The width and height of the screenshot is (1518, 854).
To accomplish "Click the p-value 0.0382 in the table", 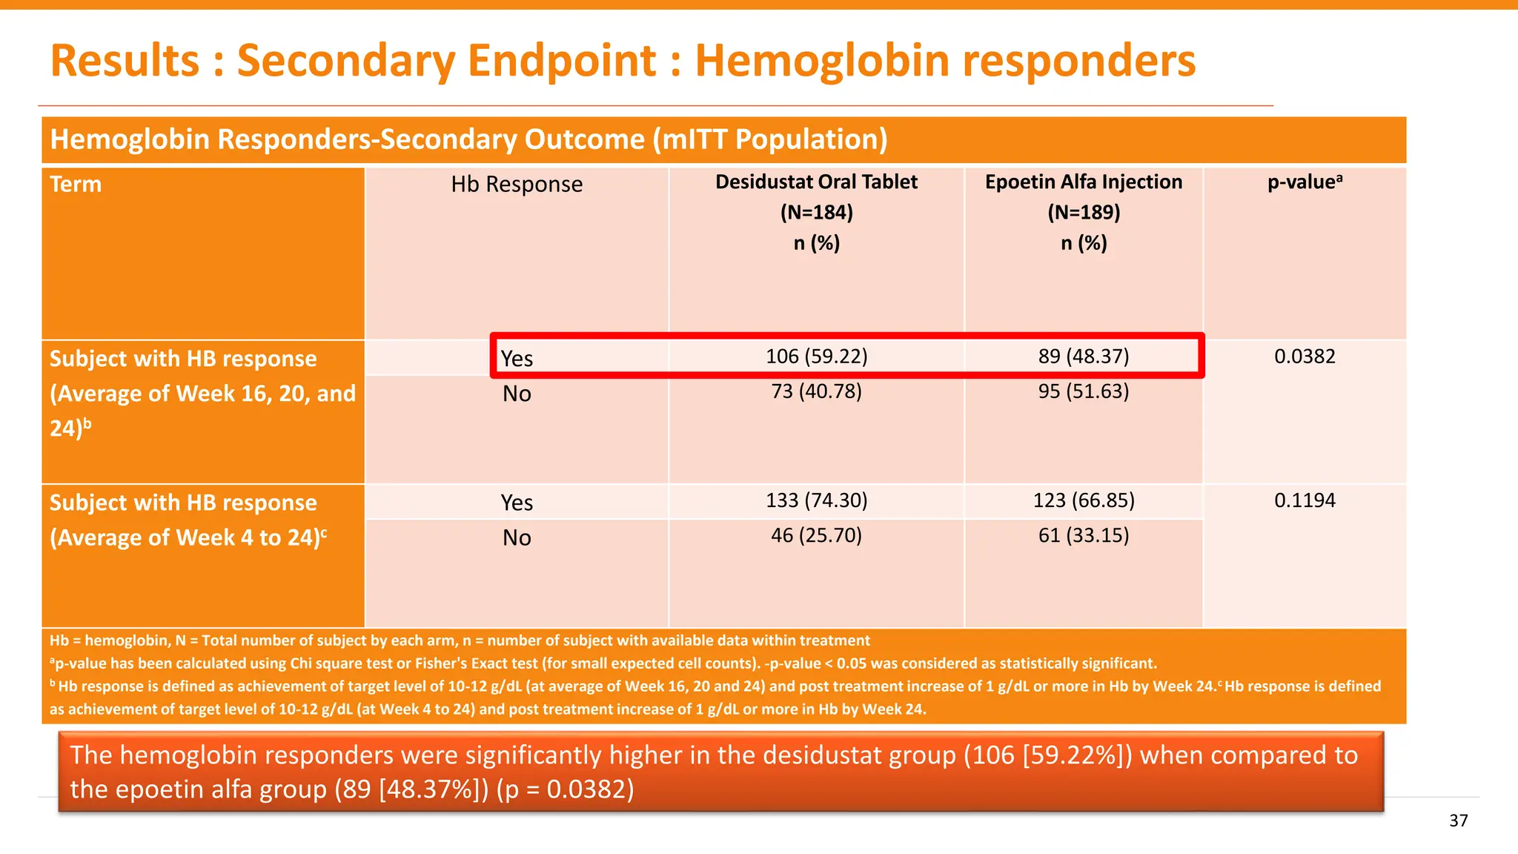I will click(x=1305, y=357).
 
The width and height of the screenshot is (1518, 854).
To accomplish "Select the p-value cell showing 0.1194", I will click(x=1305, y=500).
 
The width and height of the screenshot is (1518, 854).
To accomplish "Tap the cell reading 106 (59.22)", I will click(x=816, y=357).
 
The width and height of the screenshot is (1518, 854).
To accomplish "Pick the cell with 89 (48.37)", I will click(x=1083, y=357).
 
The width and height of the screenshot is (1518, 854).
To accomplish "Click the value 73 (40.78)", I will click(x=816, y=391).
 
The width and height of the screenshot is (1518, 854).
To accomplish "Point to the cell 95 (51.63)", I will click(x=1083, y=391).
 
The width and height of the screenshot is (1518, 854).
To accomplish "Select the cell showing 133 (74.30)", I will click(x=816, y=500).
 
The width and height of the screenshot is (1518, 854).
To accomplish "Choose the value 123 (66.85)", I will click(x=1083, y=500).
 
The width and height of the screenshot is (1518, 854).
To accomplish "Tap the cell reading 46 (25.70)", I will click(x=816, y=535).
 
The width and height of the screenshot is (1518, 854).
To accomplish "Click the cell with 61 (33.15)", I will click(x=1083, y=535).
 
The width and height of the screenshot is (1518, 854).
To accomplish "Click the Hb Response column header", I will click(x=517, y=185).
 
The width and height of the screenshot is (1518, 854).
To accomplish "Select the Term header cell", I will click(x=76, y=185).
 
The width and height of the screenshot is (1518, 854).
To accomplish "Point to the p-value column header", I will click(x=1305, y=182).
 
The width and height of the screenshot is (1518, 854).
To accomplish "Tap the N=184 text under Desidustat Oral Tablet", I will click(x=816, y=213).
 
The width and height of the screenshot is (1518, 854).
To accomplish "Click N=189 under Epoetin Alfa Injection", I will click(x=1083, y=213).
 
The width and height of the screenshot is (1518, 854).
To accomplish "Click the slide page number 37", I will click(x=1458, y=821).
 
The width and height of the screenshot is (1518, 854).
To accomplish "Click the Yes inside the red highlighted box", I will click(x=517, y=359).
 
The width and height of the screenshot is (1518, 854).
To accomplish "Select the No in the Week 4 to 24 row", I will click(x=517, y=538).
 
